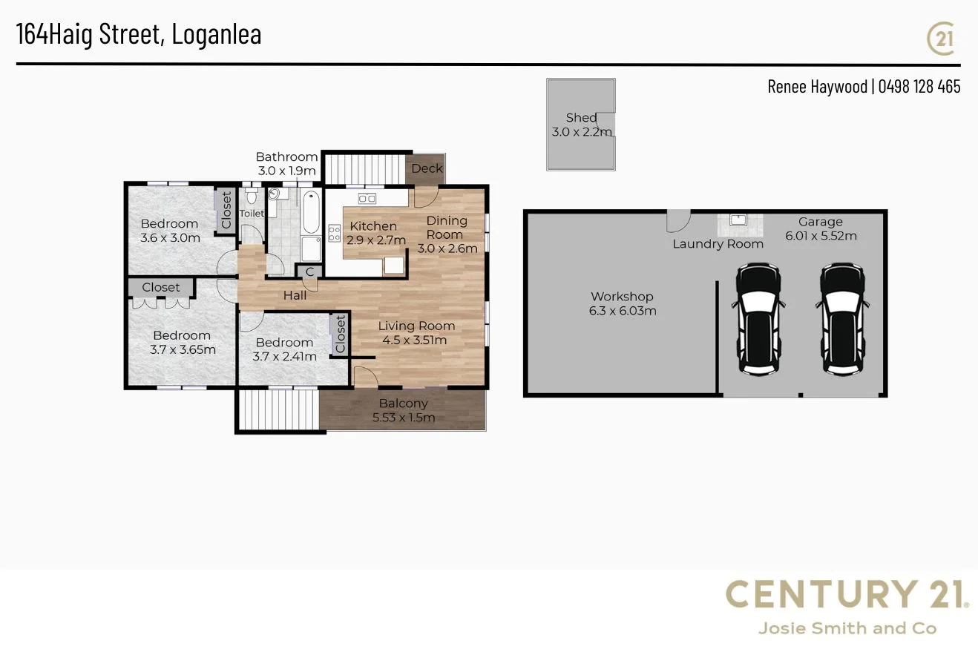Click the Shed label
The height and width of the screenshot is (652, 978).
581,118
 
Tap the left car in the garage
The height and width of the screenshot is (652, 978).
759,318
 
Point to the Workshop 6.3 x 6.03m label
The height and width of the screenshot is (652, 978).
623,303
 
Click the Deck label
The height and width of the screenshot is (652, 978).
427,168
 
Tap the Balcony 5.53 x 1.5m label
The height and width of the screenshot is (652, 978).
404,410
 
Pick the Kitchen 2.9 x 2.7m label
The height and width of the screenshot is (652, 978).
374,233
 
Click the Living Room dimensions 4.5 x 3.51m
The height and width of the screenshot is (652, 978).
415,340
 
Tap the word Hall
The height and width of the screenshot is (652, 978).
295,296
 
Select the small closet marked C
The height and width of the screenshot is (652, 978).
309,272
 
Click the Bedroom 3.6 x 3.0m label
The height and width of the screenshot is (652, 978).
170,231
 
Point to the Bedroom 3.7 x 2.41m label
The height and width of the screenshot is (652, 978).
284,349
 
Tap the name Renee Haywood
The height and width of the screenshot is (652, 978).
816,87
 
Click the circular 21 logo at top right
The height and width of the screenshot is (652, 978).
942,39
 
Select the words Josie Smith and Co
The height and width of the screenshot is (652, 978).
847,629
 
